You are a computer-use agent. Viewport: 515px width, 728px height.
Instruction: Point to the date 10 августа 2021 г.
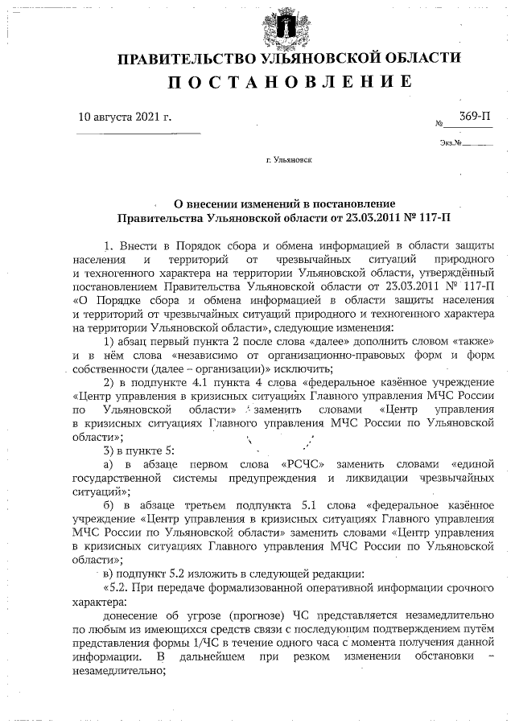pyautogui.click(x=125, y=117)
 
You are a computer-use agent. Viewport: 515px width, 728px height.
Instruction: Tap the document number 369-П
pyautogui.click(x=475, y=117)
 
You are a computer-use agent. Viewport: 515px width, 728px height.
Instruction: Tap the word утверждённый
pyautogui.click(x=455, y=273)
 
